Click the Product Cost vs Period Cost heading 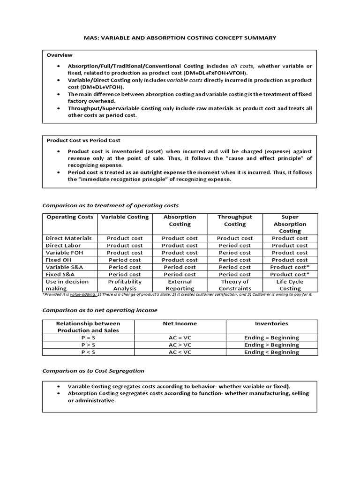tap(83, 140)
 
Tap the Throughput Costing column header tap(234, 220)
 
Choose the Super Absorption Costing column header tap(290, 224)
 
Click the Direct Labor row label tap(63, 245)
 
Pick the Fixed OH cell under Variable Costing tap(125, 260)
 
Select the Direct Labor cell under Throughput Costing tap(234, 245)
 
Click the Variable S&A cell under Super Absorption tap(290, 267)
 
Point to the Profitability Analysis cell tap(125, 285)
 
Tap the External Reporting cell tap(180, 285)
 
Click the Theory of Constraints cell tap(234, 285)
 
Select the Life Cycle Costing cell tap(290, 285)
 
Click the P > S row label tap(88, 345)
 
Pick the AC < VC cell tap(180, 352)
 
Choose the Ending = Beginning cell tap(271, 337)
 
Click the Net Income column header tap(180, 323)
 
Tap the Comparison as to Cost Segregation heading tap(93, 370)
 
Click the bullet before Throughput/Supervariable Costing tap(58, 108)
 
